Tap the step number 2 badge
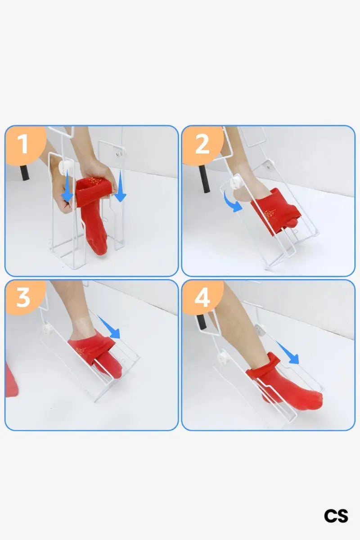point(202,144)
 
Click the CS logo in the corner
point(336,516)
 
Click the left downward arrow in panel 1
point(67,185)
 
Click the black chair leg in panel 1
point(25,173)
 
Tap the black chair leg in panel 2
point(204,179)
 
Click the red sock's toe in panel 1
point(99,247)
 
